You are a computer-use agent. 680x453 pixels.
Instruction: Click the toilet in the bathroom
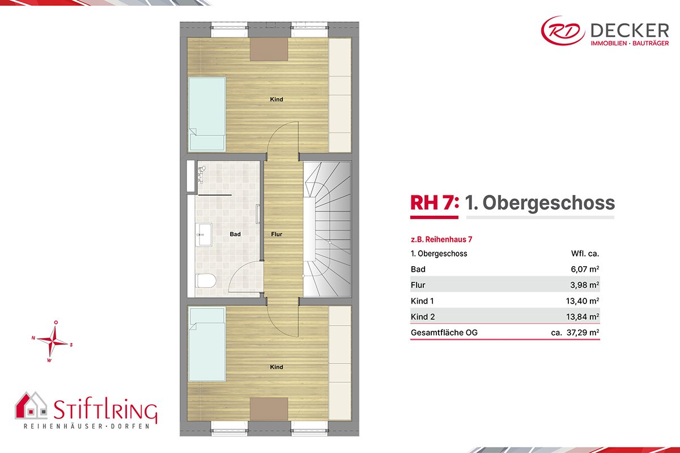point(206,281)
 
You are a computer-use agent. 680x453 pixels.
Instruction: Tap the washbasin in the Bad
point(203,234)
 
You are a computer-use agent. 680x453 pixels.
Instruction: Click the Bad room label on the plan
point(235,234)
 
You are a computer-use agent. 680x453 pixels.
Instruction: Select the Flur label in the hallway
point(277,234)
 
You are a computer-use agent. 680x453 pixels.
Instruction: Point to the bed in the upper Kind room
point(207,114)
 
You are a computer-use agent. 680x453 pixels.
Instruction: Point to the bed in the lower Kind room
point(207,344)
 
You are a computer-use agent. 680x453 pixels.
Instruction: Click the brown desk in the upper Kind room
point(269,49)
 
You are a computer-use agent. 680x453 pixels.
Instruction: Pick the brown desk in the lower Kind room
point(269,409)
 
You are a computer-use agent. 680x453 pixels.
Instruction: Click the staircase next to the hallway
point(328,229)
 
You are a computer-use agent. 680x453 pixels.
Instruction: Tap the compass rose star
point(53,342)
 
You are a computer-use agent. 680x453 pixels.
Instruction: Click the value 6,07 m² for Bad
point(585,269)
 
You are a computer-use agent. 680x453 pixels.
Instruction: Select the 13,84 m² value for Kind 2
point(583,317)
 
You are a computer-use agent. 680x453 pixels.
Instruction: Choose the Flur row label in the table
point(418,285)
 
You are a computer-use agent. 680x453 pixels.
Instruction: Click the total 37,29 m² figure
point(583,332)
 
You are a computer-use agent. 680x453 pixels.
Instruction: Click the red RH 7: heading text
point(435,203)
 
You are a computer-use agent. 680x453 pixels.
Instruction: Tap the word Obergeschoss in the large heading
point(549,203)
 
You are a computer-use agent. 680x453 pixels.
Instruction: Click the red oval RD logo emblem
point(563,31)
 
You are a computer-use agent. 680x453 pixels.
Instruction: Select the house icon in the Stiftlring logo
point(31,405)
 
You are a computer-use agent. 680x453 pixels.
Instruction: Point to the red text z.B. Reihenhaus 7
point(441,240)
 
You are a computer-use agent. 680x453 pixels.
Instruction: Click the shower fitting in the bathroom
point(202,174)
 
